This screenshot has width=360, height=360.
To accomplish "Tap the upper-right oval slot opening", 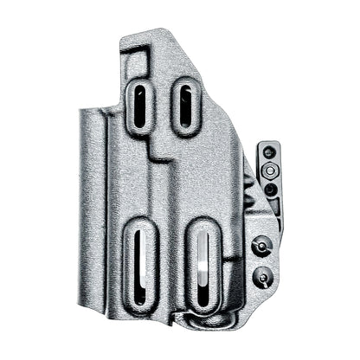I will point(186,106).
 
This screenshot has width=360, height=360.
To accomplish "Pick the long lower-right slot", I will point(202,269).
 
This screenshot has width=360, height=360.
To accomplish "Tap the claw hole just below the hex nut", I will point(270,188).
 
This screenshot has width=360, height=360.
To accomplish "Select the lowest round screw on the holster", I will point(260,277).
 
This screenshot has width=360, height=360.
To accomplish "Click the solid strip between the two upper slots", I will point(164,108).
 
